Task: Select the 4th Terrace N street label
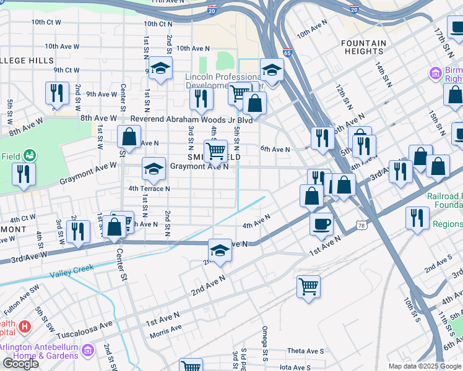(x=149, y=189)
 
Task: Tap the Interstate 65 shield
(x=287, y=53)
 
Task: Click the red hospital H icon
(x=25, y=326)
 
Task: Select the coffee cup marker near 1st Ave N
(x=321, y=223)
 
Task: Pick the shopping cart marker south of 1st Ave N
(x=308, y=286)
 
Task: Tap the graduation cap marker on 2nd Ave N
(x=220, y=250)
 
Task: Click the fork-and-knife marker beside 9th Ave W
(x=57, y=93)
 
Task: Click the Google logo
(x=20, y=364)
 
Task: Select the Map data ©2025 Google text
(x=424, y=366)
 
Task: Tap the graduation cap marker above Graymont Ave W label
(x=154, y=168)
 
